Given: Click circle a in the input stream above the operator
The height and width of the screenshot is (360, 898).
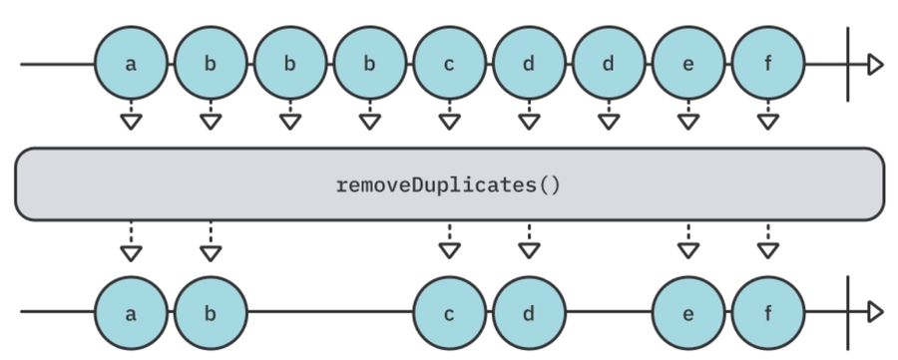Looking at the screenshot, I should (x=130, y=65).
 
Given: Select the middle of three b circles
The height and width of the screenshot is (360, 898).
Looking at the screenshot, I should (x=289, y=65).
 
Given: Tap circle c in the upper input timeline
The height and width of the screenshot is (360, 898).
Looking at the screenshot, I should (x=449, y=65).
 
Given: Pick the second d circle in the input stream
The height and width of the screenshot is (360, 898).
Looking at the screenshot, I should (x=609, y=65).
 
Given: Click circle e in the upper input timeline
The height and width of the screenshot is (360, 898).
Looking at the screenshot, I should (x=688, y=65).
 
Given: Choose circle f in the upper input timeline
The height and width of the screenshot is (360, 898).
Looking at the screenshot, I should (x=767, y=65).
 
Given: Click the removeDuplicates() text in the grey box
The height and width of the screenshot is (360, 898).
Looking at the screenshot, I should (x=449, y=184).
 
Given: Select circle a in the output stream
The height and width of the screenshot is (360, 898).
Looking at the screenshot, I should (x=130, y=312).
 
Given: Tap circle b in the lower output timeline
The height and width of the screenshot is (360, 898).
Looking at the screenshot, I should (x=210, y=312).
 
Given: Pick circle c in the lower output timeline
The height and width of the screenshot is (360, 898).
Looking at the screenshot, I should (x=449, y=312).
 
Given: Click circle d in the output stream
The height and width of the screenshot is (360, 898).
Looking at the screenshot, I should (x=529, y=312).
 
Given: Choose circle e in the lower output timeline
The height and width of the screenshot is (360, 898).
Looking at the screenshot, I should (x=688, y=312).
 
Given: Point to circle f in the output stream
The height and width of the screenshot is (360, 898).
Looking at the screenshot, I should (x=767, y=312).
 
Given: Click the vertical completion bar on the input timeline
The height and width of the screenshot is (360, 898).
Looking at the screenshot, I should (x=847, y=65).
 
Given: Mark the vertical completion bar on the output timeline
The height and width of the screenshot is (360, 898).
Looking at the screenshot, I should (x=847, y=312).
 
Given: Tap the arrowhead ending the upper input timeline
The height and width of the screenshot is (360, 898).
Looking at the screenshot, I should (x=875, y=65).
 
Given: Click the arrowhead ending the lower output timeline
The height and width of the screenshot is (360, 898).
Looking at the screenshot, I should (x=875, y=312).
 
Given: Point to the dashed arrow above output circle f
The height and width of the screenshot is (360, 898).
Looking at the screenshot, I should (x=767, y=241).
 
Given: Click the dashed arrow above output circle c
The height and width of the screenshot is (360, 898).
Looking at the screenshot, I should (x=449, y=241).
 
